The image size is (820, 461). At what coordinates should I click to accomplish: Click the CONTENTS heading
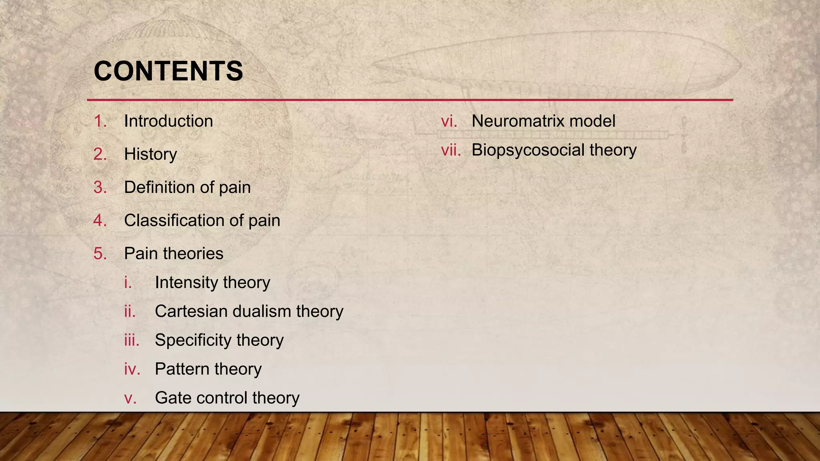[x=168, y=71]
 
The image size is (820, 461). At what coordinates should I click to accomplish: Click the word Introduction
[x=168, y=121]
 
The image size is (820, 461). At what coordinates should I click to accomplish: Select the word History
[x=150, y=154]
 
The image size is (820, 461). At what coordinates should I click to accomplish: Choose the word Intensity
[x=186, y=283]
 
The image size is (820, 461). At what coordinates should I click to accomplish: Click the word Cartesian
[x=191, y=311]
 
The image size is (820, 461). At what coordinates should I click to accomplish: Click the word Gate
[x=172, y=398]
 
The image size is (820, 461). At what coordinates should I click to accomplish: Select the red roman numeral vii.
[x=450, y=150]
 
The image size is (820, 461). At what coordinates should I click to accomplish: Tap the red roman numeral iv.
[x=132, y=369]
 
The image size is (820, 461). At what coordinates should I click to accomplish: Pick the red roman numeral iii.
[x=131, y=340]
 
